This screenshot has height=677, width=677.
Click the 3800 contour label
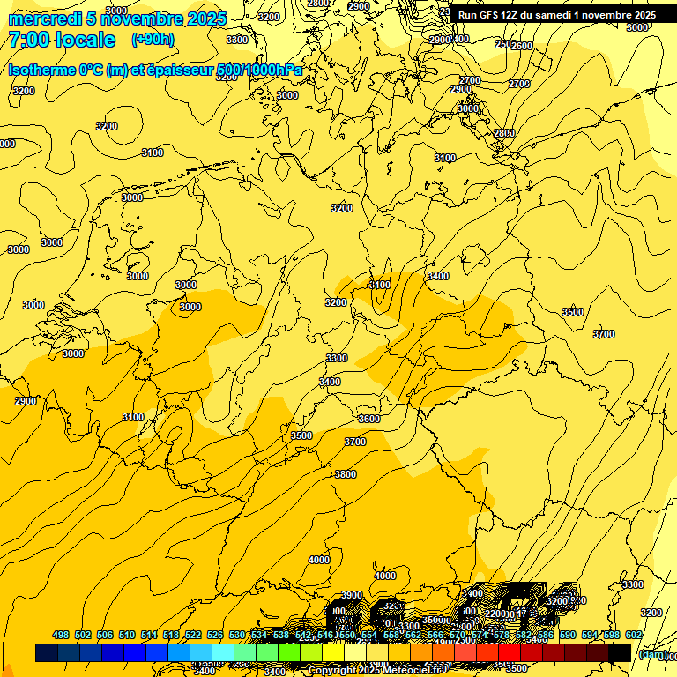pyautogui.click(x=346, y=474)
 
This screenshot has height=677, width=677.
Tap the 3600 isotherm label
pyautogui.click(x=369, y=419)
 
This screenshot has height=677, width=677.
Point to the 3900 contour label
pyautogui.click(x=352, y=595)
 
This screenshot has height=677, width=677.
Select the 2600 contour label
pyautogui.click(x=523, y=46)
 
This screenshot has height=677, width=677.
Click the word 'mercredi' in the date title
pyautogui.click(x=45, y=19)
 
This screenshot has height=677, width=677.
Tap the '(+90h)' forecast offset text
pyautogui.click(x=153, y=40)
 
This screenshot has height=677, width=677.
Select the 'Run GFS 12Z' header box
pyautogui.click(x=556, y=15)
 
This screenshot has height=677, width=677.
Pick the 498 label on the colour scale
pyautogui.click(x=61, y=635)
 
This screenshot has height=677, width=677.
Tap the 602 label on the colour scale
pyautogui.click(x=633, y=635)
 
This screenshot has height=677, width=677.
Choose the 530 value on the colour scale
pyautogui.click(x=237, y=635)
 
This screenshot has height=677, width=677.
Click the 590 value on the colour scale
pyautogui.click(x=568, y=635)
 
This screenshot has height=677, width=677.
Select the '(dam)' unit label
pyautogui.click(x=652, y=653)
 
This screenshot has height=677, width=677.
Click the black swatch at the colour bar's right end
pyautogui.click(x=620, y=652)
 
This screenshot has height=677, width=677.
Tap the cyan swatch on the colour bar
pyautogui.click(x=223, y=652)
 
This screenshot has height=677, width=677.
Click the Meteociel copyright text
pyautogui.click(x=377, y=670)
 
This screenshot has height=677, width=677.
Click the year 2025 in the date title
pyautogui.click(x=207, y=19)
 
